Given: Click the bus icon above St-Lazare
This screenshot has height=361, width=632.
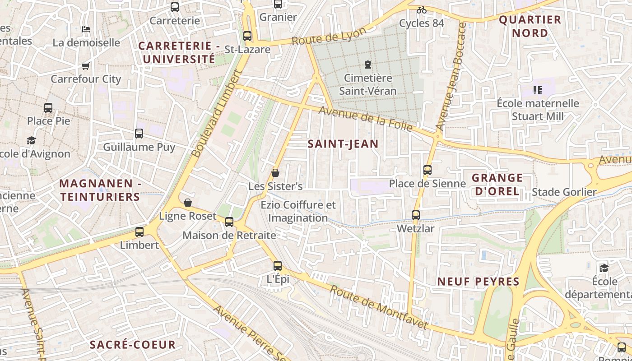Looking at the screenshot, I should [247, 36].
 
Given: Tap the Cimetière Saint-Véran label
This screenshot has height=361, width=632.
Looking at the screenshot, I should [368, 84].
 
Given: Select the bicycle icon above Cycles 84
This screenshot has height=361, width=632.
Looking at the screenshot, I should [422, 10].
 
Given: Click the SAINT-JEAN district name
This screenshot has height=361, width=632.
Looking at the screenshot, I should [343, 144].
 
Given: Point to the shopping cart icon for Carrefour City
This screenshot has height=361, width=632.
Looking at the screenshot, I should [86, 66].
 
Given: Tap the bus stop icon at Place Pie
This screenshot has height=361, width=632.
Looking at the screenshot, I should [48, 108].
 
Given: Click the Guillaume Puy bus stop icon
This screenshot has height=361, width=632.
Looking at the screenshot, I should [139, 134].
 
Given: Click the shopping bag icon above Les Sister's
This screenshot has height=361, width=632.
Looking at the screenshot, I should [275, 173].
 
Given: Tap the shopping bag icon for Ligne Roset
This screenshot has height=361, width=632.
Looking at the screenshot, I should [188, 203].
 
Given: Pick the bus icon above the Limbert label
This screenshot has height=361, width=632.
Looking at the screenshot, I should [139, 232].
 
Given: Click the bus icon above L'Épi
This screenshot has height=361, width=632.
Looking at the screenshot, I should [278, 266].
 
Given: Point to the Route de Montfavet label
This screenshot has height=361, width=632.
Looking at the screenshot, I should [378, 307].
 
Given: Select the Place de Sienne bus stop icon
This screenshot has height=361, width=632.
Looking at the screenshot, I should [428, 170].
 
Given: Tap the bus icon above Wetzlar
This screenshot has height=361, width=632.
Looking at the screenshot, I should [416, 215].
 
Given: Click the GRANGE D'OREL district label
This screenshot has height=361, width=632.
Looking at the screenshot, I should [497, 184].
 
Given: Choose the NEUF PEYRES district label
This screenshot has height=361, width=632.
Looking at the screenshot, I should [478, 282].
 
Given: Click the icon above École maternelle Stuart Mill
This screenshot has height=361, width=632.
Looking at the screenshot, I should [537, 90].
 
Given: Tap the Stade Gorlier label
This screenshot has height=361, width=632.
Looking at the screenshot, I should [564, 192].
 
